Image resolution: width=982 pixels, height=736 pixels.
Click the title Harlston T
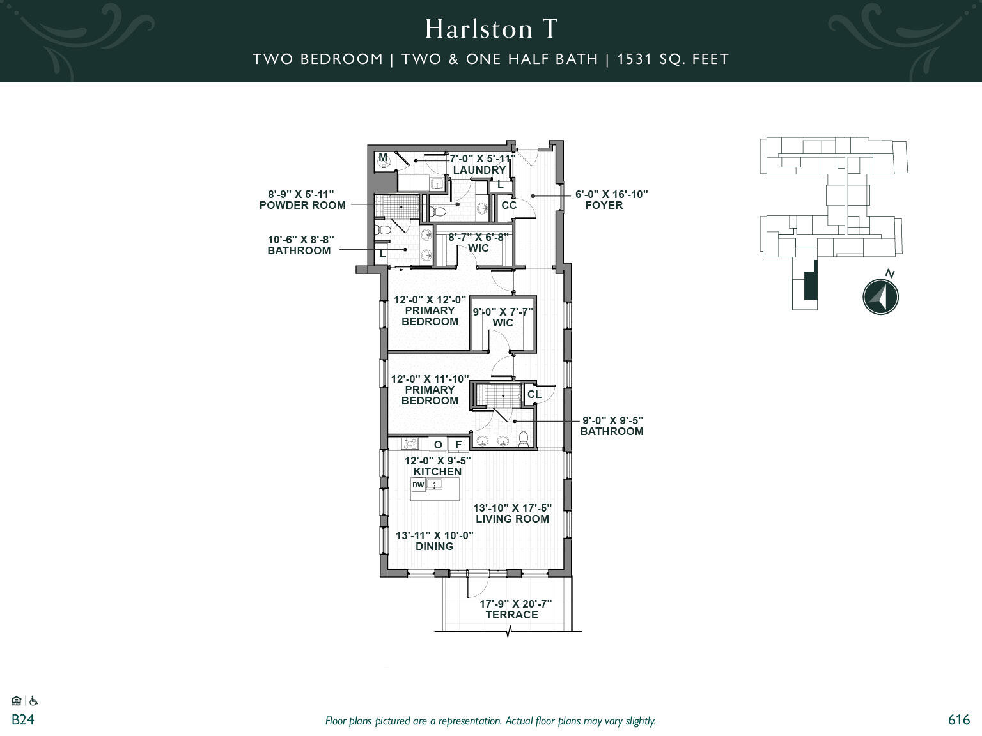pos(491,29)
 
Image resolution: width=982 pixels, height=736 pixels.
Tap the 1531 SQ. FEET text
pos(673,59)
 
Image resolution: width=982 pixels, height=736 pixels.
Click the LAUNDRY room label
pos(479,170)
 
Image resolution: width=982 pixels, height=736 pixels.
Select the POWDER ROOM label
pos(302,205)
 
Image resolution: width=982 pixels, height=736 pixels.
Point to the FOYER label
pos(604,205)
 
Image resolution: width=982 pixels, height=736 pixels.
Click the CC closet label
pos(509,205)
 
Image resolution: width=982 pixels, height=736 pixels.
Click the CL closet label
pos(534,394)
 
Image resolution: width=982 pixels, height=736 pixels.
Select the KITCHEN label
pos(437,471)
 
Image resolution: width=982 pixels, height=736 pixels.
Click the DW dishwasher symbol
pos(418,485)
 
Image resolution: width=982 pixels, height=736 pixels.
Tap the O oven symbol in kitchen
pos(438,445)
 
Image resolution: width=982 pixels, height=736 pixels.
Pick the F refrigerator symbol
pos(458,445)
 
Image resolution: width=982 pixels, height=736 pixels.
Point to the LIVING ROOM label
pos(512,519)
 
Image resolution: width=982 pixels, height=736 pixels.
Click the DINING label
pos(435,546)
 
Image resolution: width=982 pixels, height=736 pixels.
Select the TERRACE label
pos(511,615)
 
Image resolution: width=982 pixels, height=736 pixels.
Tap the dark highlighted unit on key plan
pos(810,285)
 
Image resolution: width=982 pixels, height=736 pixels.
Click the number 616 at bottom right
pos(958,719)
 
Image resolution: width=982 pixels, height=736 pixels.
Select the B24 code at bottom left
pos(22,719)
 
